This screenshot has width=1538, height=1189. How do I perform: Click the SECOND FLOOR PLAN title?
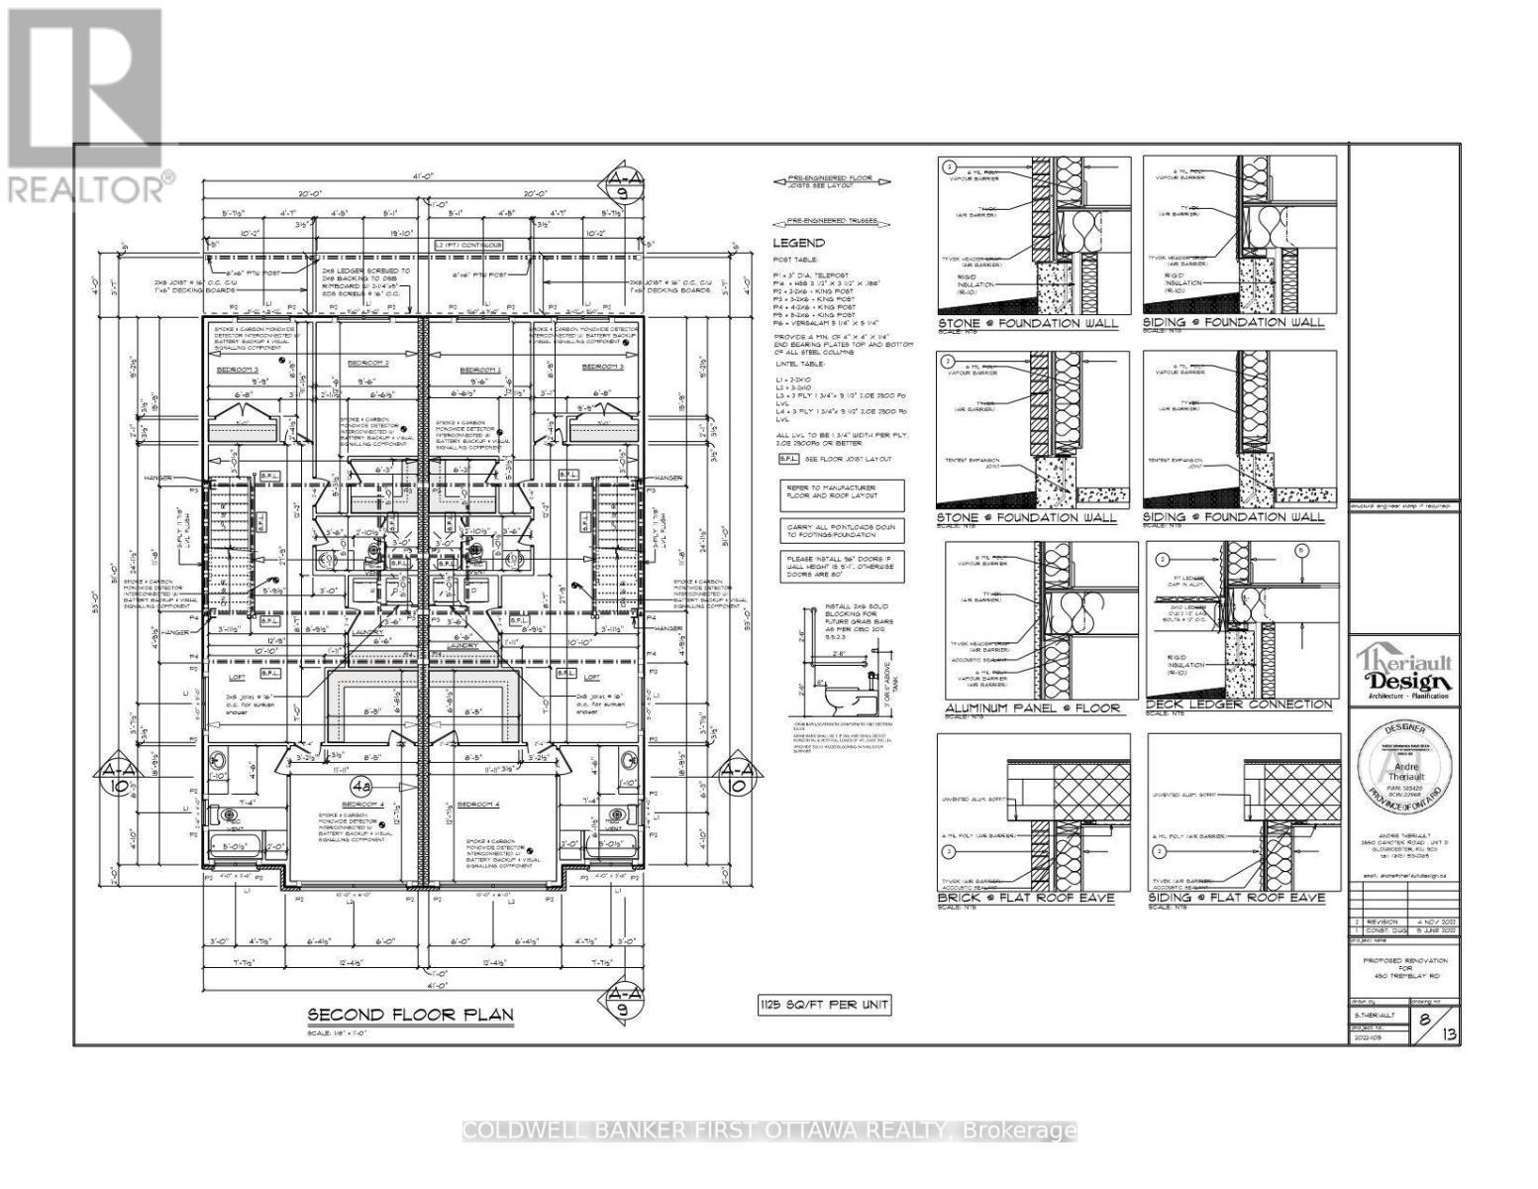(410, 1015)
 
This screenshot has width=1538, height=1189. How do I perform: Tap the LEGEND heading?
(798, 243)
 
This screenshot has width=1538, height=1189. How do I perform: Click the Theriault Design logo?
(1405, 672)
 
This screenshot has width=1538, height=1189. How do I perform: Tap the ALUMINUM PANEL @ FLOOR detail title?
(1033, 708)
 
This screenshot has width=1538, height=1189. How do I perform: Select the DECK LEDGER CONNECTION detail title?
(1239, 704)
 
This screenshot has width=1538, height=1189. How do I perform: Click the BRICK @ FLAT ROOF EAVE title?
(1025, 898)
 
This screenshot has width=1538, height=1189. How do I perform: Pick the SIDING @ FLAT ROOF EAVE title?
(1236, 898)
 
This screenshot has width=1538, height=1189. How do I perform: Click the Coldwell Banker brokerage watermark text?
(769, 1131)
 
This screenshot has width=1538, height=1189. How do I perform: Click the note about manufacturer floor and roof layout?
(842, 493)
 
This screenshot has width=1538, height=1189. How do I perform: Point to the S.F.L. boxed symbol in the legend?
(788, 459)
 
